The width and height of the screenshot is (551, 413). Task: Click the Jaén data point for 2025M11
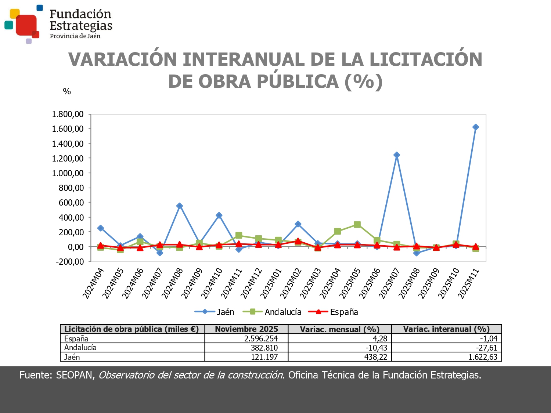click(475, 127)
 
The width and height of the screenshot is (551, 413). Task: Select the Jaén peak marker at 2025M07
click(397, 155)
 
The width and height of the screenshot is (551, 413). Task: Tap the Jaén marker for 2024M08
click(180, 206)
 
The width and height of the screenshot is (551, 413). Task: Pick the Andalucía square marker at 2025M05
click(357, 224)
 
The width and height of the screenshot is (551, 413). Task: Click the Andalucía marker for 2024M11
click(239, 235)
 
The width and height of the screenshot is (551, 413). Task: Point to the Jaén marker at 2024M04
click(101, 228)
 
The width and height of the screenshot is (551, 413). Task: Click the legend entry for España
click(343, 312)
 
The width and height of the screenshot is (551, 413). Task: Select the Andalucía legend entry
click(282, 312)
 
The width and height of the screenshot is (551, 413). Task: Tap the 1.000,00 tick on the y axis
click(68, 173)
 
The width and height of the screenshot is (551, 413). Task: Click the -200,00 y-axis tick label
click(70, 262)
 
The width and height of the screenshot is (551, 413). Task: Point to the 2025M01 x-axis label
click(271, 283)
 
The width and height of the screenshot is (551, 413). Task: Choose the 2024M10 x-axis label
click(212, 283)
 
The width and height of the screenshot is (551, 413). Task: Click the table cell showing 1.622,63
click(482, 357)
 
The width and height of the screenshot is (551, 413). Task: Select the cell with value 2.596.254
click(261, 338)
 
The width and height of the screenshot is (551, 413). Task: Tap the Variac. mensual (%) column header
click(339, 329)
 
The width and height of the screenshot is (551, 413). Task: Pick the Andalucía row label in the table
click(80, 348)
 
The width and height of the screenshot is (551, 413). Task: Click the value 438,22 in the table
click(375, 357)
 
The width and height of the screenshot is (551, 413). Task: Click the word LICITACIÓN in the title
click(425, 59)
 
